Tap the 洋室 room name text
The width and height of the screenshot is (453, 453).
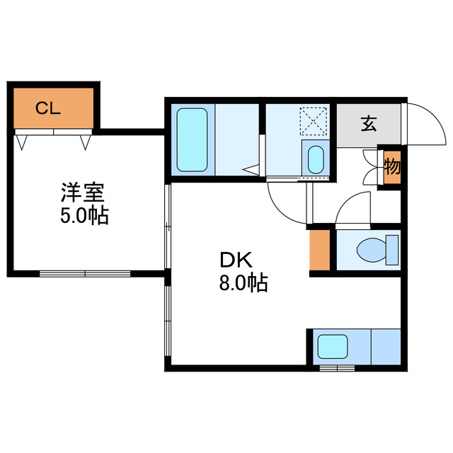(83, 192)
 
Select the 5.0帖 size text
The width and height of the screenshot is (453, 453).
(83, 216)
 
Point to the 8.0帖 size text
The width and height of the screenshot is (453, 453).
(243, 284)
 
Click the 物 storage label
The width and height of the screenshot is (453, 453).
(391, 168)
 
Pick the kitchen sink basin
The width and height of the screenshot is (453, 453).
(331, 347)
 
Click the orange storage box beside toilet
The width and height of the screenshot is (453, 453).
(320, 249)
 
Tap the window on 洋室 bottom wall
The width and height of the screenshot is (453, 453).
(85, 273)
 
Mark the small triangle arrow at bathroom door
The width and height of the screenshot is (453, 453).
(251, 169)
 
